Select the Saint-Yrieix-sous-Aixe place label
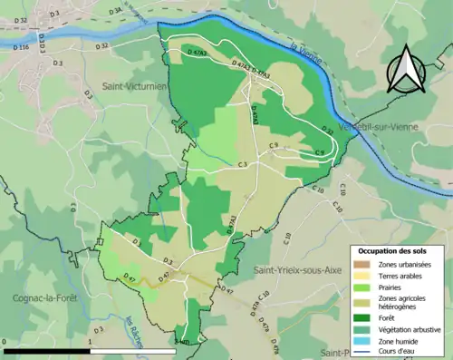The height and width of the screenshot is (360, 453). click(x=302, y=270)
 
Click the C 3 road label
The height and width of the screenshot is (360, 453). click(x=243, y=164)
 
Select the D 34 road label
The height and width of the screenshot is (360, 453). click(x=115, y=12)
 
